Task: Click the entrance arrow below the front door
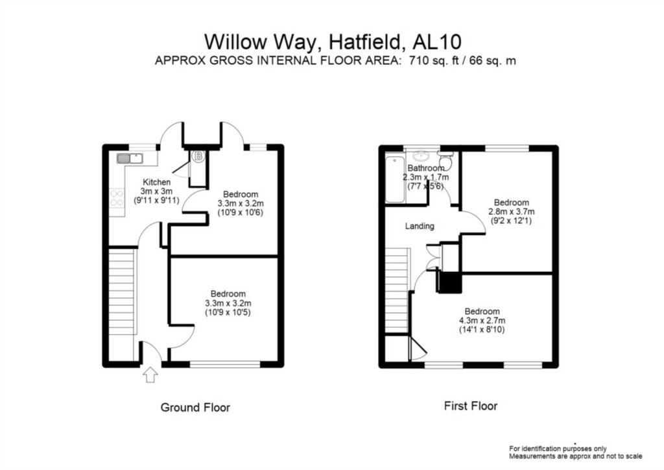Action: click(x=150, y=375)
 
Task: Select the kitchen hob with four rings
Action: click(x=117, y=197)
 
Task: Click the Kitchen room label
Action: click(x=156, y=182)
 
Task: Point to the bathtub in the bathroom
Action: click(x=393, y=179)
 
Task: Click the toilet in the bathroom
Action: click(x=445, y=160)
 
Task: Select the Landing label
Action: click(x=419, y=226)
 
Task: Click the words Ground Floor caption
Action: click(x=195, y=408)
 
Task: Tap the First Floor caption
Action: click(x=471, y=406)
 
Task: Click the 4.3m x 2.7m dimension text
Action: click(x=482, y=320)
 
